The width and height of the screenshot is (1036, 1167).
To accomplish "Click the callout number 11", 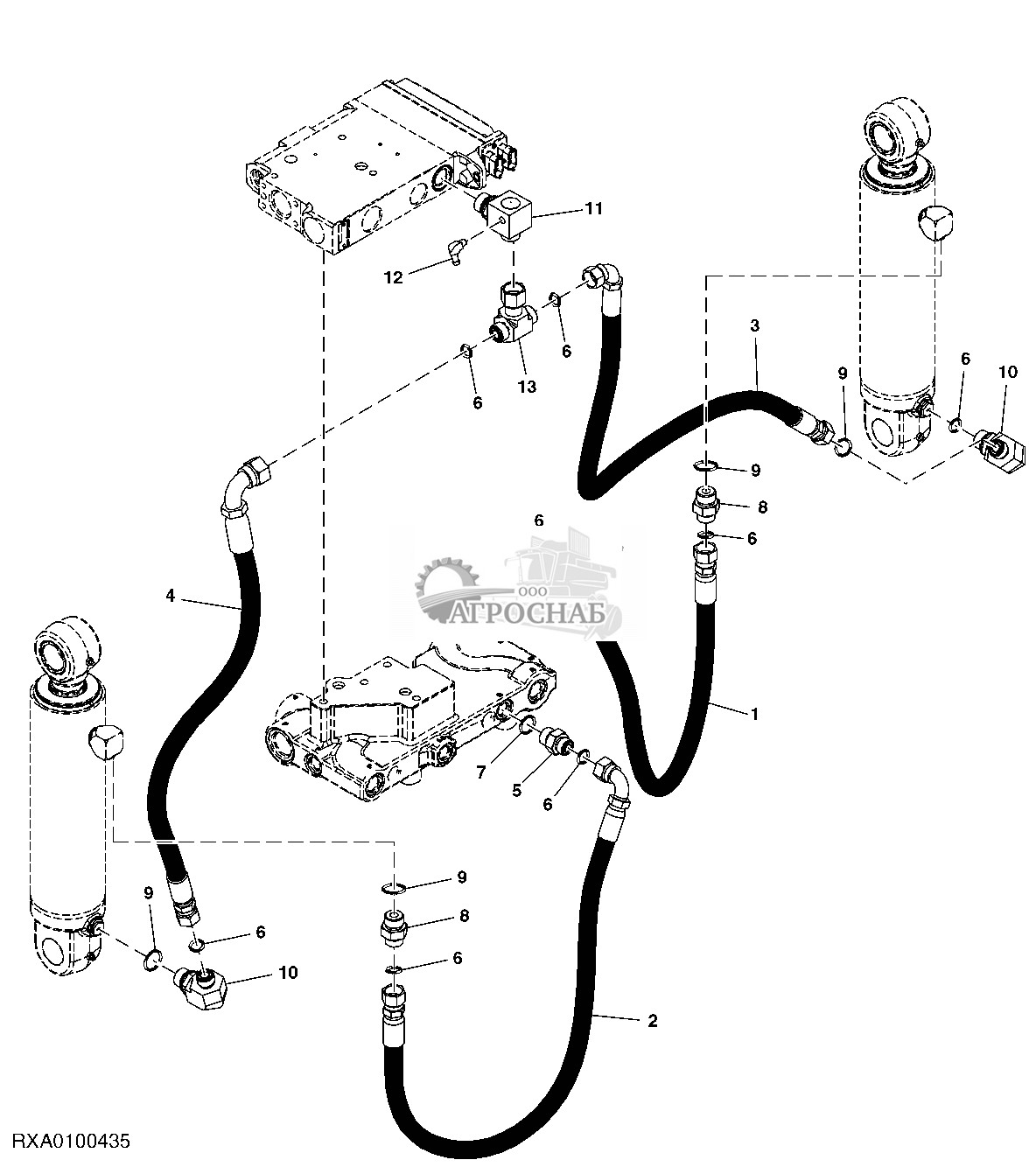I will [x=594, y=209].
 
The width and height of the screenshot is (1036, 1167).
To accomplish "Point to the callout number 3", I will [x=755, y=325].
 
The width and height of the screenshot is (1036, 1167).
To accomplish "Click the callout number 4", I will [x=171, y=596].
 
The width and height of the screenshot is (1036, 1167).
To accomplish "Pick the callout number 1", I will [x=754, y=713].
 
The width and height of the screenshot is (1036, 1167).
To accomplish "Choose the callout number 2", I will [x=652, y=1020].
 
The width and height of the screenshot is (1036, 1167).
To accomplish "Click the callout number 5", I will [x=516, y=790].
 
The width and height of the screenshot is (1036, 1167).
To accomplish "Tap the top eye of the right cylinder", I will [x=892, y=135].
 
